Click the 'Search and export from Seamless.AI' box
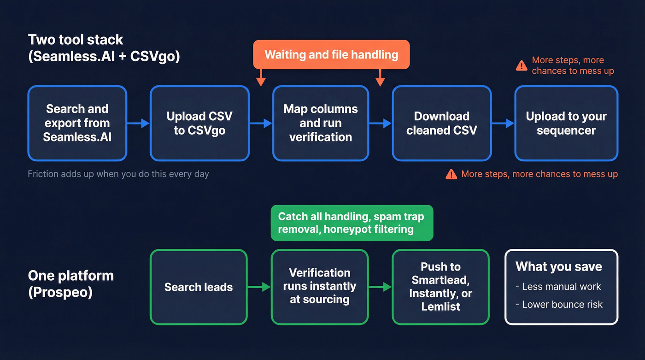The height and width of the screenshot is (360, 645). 77,123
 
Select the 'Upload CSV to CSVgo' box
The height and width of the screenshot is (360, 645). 199,123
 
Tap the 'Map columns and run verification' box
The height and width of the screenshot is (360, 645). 320,123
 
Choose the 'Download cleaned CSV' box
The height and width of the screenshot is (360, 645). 441,123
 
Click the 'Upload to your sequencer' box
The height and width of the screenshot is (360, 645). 566,123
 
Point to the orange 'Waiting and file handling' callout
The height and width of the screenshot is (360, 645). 331,54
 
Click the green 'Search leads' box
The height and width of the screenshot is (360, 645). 199,287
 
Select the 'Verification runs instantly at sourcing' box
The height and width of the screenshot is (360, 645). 319,286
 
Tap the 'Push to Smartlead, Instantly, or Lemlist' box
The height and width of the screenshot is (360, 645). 440,286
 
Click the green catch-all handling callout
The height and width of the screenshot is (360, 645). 352,223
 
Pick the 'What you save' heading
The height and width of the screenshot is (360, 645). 558,266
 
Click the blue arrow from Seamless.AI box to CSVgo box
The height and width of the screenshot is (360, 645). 138,123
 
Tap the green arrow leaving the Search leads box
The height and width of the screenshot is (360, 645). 259,287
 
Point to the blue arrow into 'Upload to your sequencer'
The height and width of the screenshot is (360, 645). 503,123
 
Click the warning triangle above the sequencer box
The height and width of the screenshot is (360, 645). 522,65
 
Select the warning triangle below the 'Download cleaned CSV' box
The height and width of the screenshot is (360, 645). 451,174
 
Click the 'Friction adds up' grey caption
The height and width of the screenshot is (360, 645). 118,174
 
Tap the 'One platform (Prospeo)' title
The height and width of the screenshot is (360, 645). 70,284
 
